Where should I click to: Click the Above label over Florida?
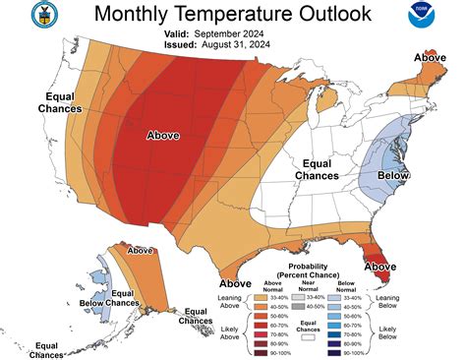pyautogui.click(x=379, y=267)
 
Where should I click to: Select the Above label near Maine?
pyautogui.click(x=430, y=58)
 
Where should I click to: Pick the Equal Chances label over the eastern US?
pyautogui.click(x=320, y=169)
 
